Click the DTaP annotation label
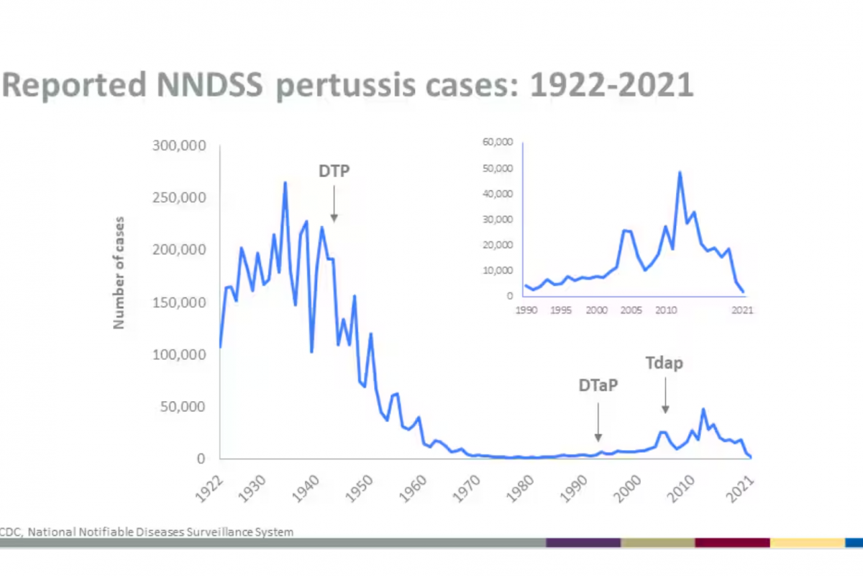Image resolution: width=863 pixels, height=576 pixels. (598, 385)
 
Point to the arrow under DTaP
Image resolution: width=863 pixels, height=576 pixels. (598, 421)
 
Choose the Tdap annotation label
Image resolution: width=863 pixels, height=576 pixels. (664, 363)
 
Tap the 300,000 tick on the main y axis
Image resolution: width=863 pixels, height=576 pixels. (180, 145)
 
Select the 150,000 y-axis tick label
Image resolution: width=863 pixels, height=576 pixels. (180, 302)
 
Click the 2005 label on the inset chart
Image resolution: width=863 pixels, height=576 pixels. (630, 310)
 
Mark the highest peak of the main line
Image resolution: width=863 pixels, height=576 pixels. (285, 182)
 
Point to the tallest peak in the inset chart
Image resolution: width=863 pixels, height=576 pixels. (680, 172)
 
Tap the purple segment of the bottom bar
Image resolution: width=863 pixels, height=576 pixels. (583, 542)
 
